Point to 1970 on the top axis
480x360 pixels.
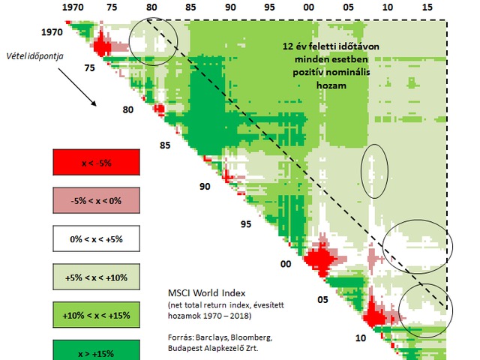click(x=73, y=7)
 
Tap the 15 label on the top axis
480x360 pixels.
click(x=427, y=7)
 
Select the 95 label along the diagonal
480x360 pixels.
click(x=244, y=223)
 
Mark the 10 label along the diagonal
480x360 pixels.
click(x=361, y=337)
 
